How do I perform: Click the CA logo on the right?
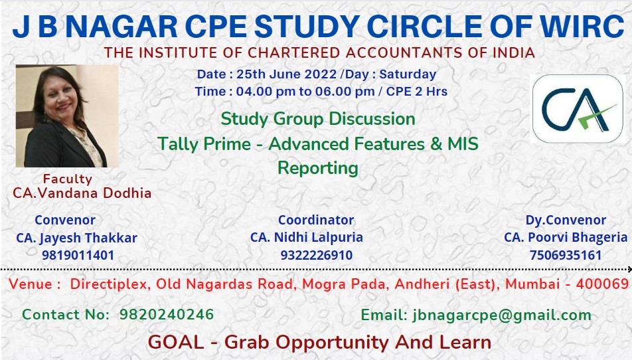pos(578,108)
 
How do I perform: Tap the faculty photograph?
pos(67,116)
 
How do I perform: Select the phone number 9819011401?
pos(78,255)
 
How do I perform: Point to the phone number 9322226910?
pos(317,255)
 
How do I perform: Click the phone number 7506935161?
pos(566,255)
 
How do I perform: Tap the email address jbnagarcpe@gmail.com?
pos(502,315)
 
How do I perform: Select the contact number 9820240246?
pos(167,314)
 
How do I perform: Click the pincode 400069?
pos(603,284)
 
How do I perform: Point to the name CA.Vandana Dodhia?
pos(82,193)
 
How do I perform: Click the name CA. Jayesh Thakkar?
pos(76,238)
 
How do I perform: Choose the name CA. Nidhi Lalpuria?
pos(307,237)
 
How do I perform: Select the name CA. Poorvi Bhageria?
pos(566,237)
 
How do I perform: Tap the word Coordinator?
pos(316,220)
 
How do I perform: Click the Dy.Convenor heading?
pos(566,220)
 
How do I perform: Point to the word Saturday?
pos(408,74)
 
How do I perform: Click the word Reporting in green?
pos(318,168)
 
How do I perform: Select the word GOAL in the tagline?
pos(176,342)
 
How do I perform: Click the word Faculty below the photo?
pos(68,179)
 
